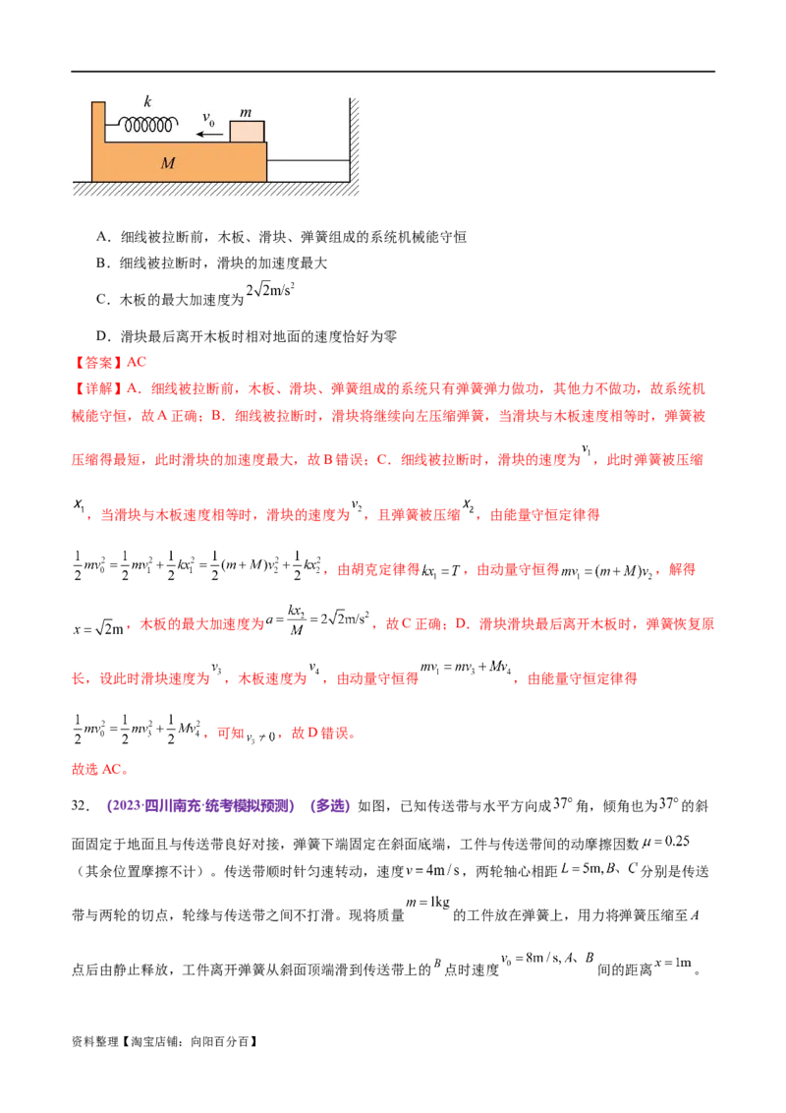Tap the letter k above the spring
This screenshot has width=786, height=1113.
pos(148,101)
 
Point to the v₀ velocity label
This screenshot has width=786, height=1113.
pos(208,118)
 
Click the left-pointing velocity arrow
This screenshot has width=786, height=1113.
pos(208,133)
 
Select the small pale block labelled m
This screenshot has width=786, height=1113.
pos(247,132)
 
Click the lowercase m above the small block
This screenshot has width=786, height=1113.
pos(246,112)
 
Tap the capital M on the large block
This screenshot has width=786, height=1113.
pos(168,163)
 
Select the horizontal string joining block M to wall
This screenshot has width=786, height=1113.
pos(309,160)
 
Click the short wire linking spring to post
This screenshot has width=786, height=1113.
pos(112,124)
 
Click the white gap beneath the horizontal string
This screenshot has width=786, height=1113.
pos(309,171)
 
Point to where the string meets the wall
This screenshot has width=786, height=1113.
pos(350,160)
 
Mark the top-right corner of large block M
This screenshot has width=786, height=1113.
pos(266,144)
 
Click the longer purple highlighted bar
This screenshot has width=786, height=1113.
pos(200,807)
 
